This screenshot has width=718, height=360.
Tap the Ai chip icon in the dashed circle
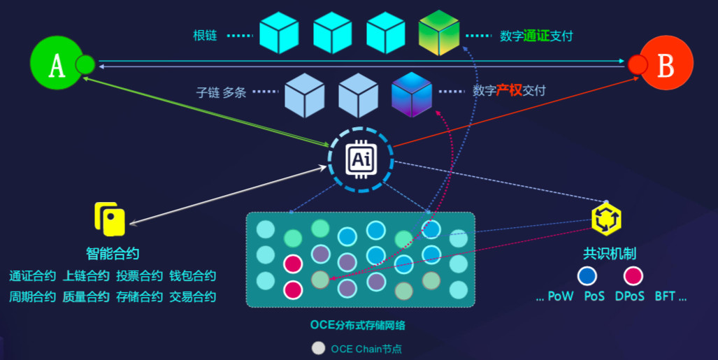tap(361, 159)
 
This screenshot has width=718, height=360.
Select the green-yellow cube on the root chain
tap(438, 33)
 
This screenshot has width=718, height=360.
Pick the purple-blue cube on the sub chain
tap(412, 94)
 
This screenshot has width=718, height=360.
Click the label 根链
tap(205, 35)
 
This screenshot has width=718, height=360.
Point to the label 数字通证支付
tap(536, 35)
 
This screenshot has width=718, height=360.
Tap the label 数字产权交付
tap(509, 90)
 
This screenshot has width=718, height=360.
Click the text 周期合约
tap(32, 296)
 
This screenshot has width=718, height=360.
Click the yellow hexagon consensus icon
tap(606, 219)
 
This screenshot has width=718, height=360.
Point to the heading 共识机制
tap(610, 254)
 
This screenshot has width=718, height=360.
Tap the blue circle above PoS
tap(587, 276)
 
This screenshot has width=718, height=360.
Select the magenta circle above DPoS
tap(633, 276)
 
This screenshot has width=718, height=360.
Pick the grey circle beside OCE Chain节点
tap(319, 348)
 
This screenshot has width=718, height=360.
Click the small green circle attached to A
tap(85, 65)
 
